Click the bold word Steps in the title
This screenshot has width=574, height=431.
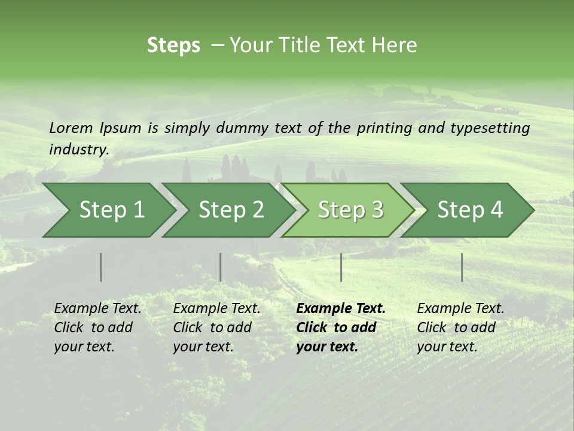click(173, 45)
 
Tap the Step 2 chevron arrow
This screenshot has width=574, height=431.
click(231, 210)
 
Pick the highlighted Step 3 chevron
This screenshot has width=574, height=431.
click(350, 210)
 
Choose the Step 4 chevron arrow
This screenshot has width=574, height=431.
click(470, 210)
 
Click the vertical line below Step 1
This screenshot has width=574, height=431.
click(101, 267)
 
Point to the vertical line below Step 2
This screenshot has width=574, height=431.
click(221, 267)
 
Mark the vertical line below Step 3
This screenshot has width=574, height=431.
click(341, 267)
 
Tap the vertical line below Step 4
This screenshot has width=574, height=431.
click(462, 267)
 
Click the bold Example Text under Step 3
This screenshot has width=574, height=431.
click(341, 308)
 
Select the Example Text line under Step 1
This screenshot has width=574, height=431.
click(97, 308)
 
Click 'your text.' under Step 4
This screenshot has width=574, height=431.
click(447, 347)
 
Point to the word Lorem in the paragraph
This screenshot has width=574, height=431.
click(71, 128)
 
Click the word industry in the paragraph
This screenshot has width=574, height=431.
click(78, 149)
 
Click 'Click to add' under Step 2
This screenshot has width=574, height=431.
click(212, 327)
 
